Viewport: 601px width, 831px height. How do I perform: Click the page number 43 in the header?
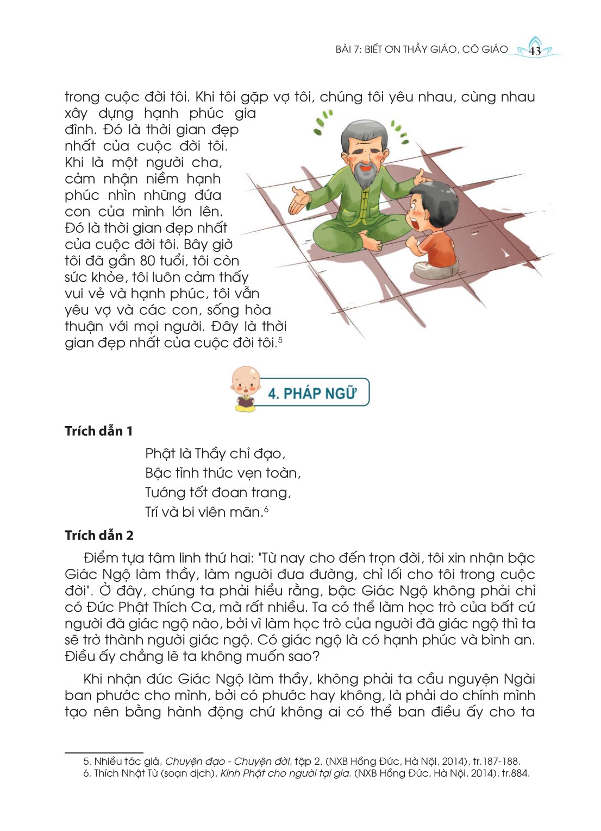(x=535, y=51)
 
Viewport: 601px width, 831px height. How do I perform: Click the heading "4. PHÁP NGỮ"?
(x=312, y=393)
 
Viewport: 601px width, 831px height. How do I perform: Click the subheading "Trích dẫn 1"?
(x=98, y=432)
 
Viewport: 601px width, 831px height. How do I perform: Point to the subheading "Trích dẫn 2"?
(x=99, y=536)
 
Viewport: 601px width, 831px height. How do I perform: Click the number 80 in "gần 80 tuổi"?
(x=148, y=261)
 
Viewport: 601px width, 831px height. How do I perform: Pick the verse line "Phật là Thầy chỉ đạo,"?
(x=215, y=454)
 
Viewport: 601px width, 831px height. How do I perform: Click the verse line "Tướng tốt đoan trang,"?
(x=218, y=493)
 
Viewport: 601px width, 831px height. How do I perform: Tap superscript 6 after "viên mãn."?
(x=266, y=509)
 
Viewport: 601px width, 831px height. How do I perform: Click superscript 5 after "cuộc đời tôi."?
(x=280, y=340)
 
